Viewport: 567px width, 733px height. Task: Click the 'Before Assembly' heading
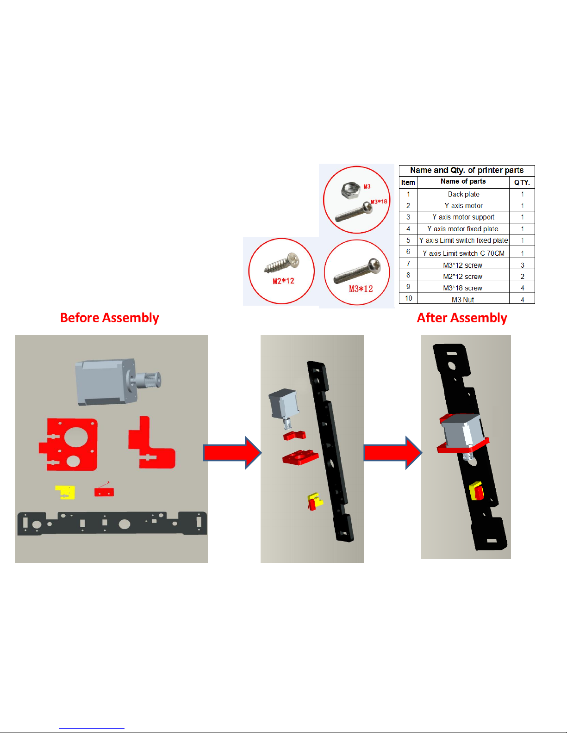click(x=110, y=318)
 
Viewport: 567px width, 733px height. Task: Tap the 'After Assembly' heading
click(x=462, y=318)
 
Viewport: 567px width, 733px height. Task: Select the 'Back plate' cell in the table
click(x=463, y=194)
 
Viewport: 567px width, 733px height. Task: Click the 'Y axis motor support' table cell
click(x=463, y=217)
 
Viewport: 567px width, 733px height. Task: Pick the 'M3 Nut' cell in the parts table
click(x=463, y=300)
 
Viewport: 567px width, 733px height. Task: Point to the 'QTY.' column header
click(x=522, y=183)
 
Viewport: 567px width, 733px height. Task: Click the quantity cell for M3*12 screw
click(x=523, y=265)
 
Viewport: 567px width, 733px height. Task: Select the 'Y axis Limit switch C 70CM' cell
click(x=463, y=253)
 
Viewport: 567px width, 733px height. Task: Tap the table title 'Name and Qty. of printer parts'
click(x=467, y=170)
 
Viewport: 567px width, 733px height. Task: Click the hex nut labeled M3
click(x=351, y=190)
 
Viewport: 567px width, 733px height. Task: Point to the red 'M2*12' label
click(x=283, y=281)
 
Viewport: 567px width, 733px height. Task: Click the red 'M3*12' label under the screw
click(x=361, y=289)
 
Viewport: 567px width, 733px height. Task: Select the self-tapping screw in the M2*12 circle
click(x=282, y=263)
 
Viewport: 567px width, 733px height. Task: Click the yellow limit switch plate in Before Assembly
click(x=65, y=492)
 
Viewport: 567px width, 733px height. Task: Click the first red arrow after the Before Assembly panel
click(x=232, y=453)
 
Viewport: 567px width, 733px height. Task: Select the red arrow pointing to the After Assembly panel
click(x=393, y=453)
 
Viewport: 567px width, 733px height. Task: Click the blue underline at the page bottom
click(x=92, y=729)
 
